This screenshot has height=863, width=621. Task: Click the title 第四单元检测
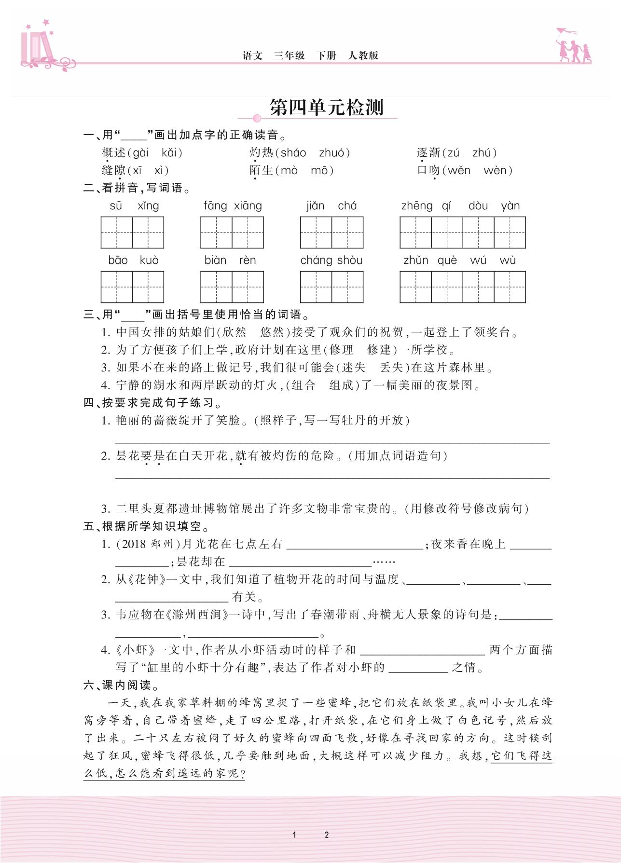click(326, 108)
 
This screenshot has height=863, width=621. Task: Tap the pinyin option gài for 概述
click(140, 153)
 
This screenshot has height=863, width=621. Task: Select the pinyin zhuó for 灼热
click(332, 153)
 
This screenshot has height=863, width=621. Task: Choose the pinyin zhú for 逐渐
click(482, 153)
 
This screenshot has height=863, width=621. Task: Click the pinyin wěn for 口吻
click(458, 170)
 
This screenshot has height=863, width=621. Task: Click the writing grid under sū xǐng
click(132, 233)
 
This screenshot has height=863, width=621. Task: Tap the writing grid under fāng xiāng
click(232, 233)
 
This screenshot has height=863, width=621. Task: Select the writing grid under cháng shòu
click(331, 287)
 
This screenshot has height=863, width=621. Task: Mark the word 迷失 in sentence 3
click(353, 368)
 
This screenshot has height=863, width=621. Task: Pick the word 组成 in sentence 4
click(341, 385)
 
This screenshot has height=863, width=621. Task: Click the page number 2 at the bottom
click(327, 835)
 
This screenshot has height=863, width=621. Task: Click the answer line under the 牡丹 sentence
click(332, 441)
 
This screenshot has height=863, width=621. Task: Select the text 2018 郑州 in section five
click(147, 544)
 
